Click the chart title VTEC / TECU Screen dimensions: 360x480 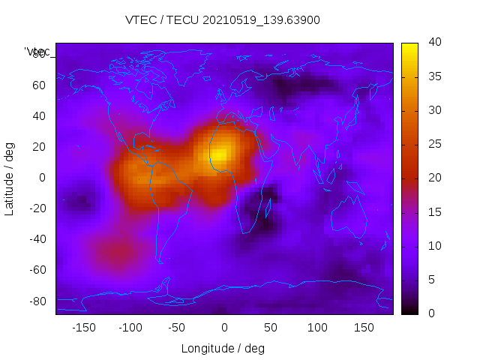coord(223,20)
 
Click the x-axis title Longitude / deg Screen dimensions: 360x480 coord(223,348)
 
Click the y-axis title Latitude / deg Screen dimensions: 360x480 coord(10,178)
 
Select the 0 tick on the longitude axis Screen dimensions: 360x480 coord(223,328)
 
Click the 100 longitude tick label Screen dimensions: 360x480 coord(317,328)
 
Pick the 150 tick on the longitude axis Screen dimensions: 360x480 coord(364,328)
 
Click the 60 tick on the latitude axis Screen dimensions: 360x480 coord(39,85)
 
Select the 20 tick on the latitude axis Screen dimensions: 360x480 coord(39,147)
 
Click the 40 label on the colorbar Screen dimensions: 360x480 coord(433,43)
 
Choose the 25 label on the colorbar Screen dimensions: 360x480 coord(433,144)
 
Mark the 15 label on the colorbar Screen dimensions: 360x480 coord(433,211)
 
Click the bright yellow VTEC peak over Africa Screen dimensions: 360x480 coord(218,155)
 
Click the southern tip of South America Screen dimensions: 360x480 coord(160,260)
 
